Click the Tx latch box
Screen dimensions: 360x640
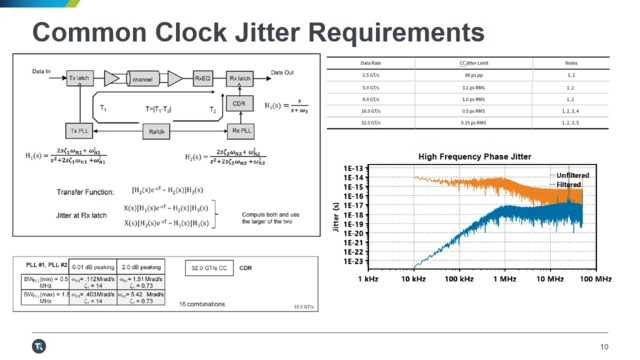[x=80, y=77]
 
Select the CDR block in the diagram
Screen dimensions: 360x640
[x=238, y=103]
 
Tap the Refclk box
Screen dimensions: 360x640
[x=156, y=131]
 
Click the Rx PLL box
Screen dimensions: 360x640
[x=241, y=131]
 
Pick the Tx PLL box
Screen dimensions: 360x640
[x=80, y=131]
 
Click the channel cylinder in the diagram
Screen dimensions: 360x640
[x=143, y=77]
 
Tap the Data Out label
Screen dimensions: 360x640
[x=282, y=72]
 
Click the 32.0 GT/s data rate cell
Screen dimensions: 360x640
[x=370, y=122]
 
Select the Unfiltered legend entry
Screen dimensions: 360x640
[x=568, y=175]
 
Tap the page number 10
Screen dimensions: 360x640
[x=604, y=346]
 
